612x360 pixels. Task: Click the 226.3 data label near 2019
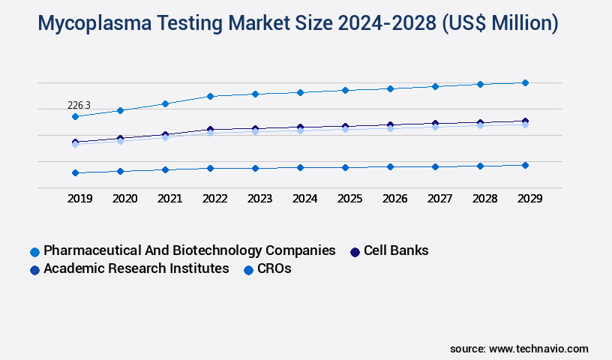79,106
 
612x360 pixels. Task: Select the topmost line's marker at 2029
525,82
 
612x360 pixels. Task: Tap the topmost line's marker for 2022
210,96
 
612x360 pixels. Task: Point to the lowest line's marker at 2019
75,172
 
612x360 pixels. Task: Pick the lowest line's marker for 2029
525,165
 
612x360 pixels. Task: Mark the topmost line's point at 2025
345,90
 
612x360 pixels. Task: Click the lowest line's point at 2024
300,167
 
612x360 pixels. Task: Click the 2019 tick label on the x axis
80,199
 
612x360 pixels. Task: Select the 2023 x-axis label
259,199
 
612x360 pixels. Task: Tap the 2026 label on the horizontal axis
394,199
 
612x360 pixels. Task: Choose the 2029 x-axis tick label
529,199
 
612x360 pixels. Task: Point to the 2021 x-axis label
169,199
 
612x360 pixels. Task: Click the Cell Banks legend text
396,250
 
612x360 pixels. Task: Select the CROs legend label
274,268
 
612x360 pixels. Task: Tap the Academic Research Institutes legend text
136,268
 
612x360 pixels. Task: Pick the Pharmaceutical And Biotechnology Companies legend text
190,250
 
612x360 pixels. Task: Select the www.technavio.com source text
538,349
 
